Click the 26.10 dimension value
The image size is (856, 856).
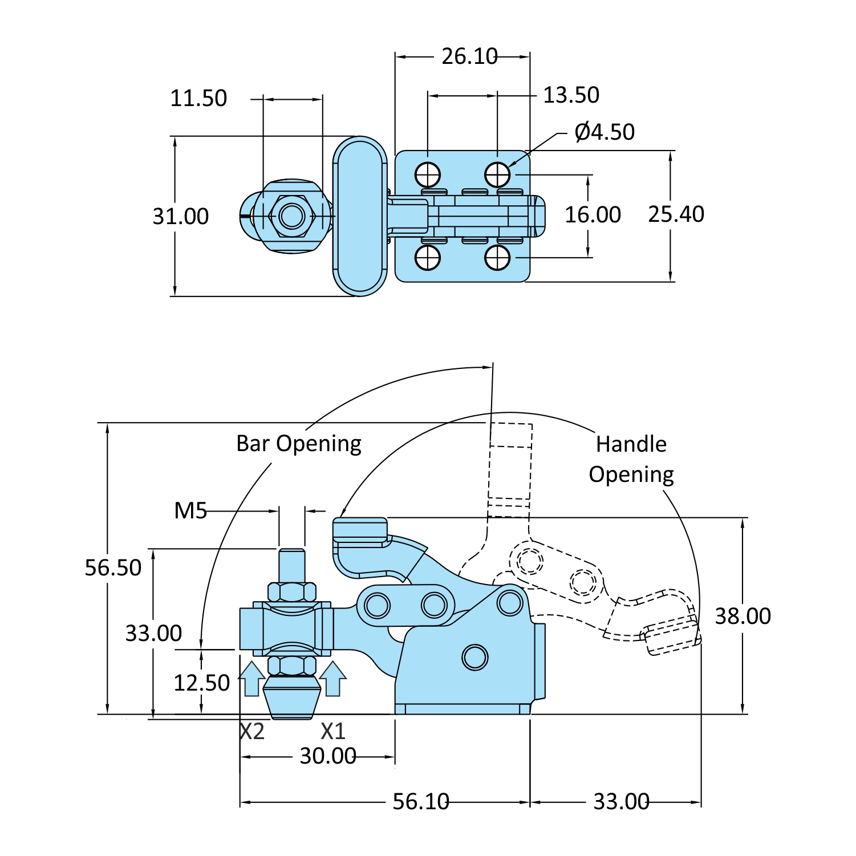469,56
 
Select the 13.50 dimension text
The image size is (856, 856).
571,95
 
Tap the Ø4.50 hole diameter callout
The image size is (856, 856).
605,132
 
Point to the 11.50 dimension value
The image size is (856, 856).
198,99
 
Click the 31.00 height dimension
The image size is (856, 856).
181,217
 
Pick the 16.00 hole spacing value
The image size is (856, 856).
593,215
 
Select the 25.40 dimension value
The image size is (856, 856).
676,214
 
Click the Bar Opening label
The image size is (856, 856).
299,444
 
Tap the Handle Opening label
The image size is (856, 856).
631,459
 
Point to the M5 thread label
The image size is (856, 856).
190,511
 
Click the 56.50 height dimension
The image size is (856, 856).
113,568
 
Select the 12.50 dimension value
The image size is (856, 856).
201,683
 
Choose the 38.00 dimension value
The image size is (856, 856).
743,616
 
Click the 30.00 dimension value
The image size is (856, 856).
328,756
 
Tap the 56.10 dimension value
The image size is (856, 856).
421,802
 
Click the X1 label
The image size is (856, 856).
333,731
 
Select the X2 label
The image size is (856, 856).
252,731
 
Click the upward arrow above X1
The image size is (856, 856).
332,679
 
